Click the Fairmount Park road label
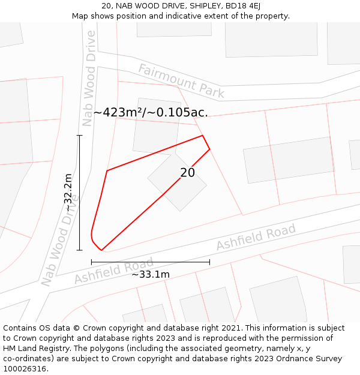click(181, 81)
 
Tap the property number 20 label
click(188, 173)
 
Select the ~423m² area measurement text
click(151, 112)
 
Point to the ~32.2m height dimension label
click(68, 192)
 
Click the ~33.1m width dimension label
click(151, 274)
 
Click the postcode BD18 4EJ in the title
click(243, 6)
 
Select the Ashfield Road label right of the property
click(256, 237)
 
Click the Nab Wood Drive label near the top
click(89, 78)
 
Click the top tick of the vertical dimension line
click(80, 136)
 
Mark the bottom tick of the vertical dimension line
click(80, 250)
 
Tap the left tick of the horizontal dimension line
click(91, 262)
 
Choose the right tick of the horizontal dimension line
click(209, 262)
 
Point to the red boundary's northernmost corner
click(202, 136)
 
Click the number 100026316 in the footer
click(24, 369)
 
